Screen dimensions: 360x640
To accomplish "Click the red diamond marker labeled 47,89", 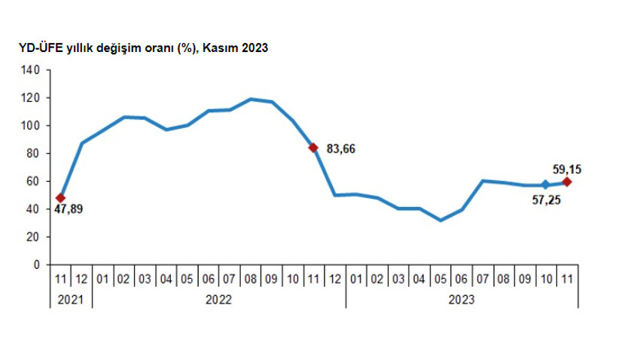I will pos(61,198).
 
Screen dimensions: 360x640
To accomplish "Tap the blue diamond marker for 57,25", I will pos(546,185).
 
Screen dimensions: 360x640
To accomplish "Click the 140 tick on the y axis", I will pos(30,70).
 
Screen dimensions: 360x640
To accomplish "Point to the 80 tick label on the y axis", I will pos(33,154).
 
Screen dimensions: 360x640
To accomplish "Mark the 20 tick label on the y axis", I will pos(33,237).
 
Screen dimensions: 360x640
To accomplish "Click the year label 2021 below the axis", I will pos(72,299).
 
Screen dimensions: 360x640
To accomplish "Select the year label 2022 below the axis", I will pos(219,299).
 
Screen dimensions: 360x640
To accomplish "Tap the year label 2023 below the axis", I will pos(462,299).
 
